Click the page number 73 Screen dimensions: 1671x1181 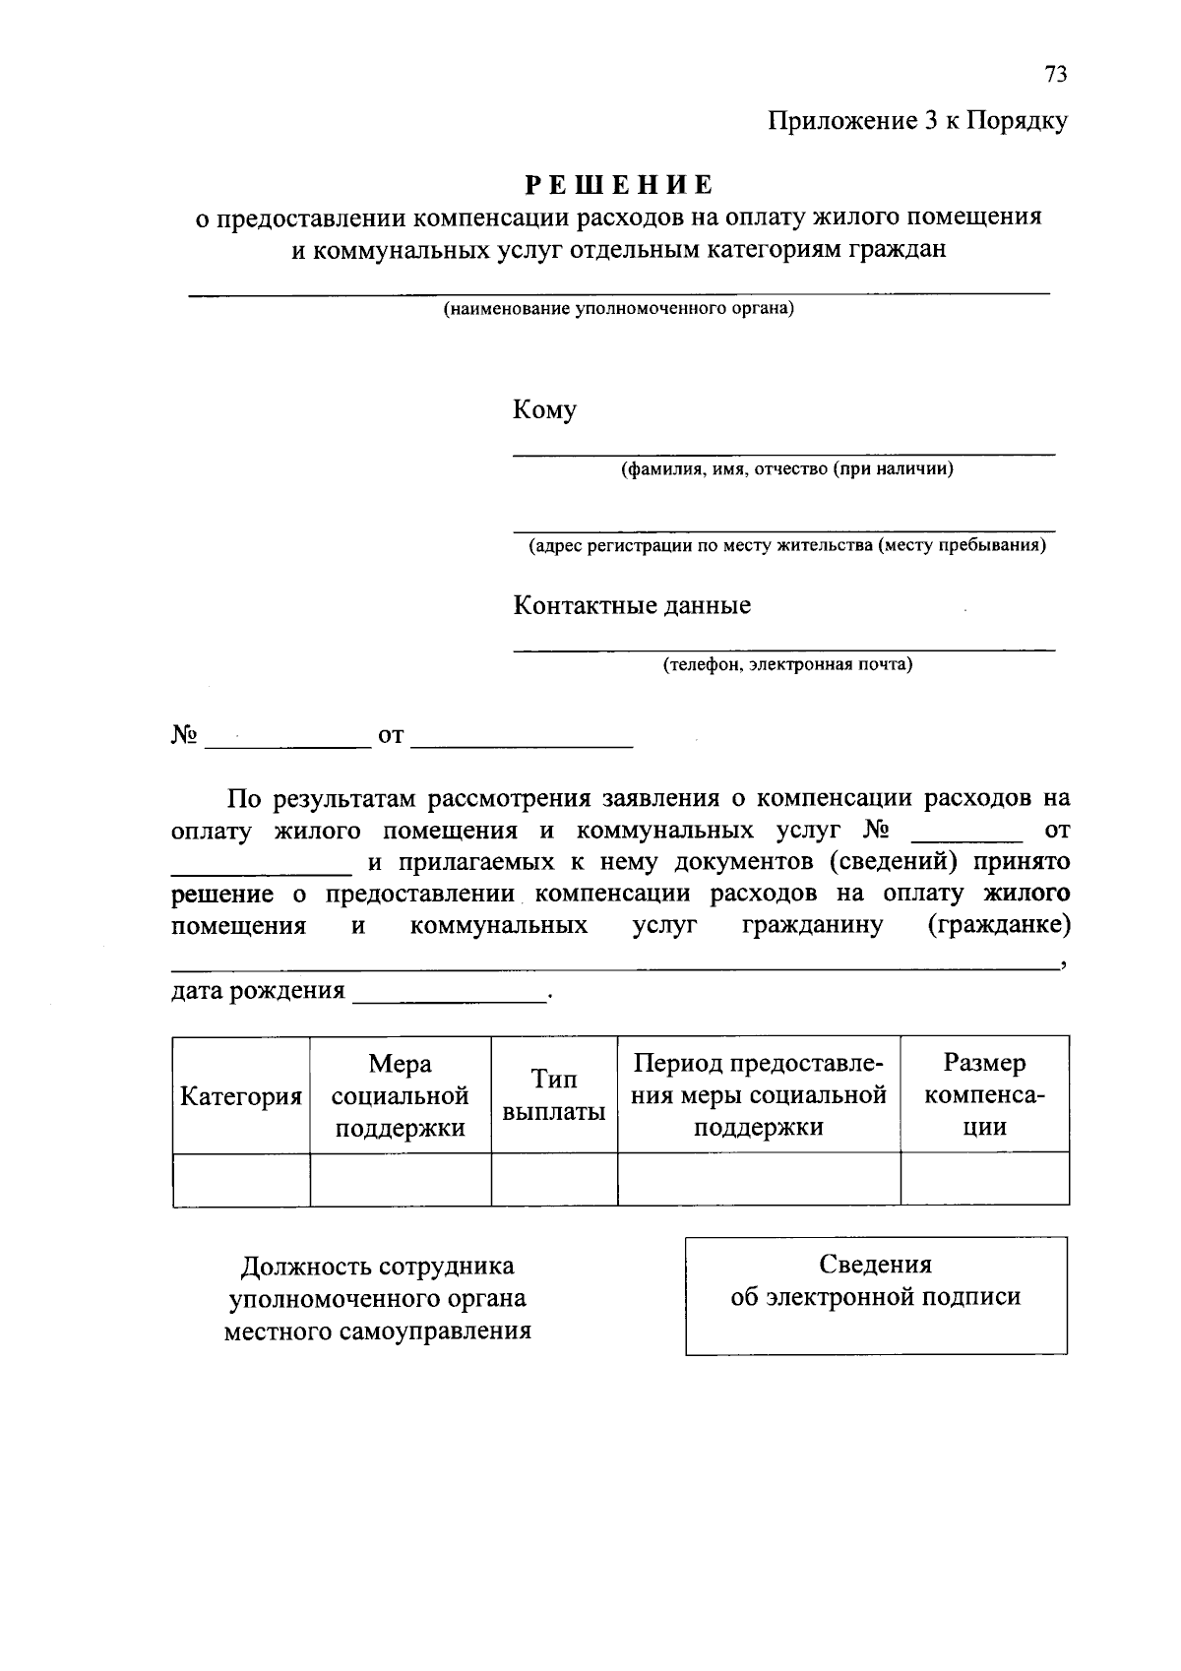coord(1055,75)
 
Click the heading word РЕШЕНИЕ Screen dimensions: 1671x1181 coord(618,185)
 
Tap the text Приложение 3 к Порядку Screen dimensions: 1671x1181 coord(917,122)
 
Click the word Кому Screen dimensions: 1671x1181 coord(544,410)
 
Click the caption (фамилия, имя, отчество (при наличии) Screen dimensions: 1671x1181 coord(785,469)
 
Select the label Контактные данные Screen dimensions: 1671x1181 coord(632,605)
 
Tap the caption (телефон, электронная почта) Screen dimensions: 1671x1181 coord(786,664)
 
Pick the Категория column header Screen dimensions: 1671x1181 coord(241,1096)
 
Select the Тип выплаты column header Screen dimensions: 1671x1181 coord(554,1095)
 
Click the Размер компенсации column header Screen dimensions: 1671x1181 coord(984,1095)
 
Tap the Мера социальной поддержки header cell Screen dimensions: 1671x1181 coord(400,1095)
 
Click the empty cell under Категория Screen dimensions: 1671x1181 coord(241,1179)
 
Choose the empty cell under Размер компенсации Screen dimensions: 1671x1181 coord(984,1179)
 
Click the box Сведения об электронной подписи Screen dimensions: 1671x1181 coord(876,1295)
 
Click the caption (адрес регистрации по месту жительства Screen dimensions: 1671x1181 coord(786,545)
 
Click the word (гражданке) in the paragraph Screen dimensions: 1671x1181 coord(999,926)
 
